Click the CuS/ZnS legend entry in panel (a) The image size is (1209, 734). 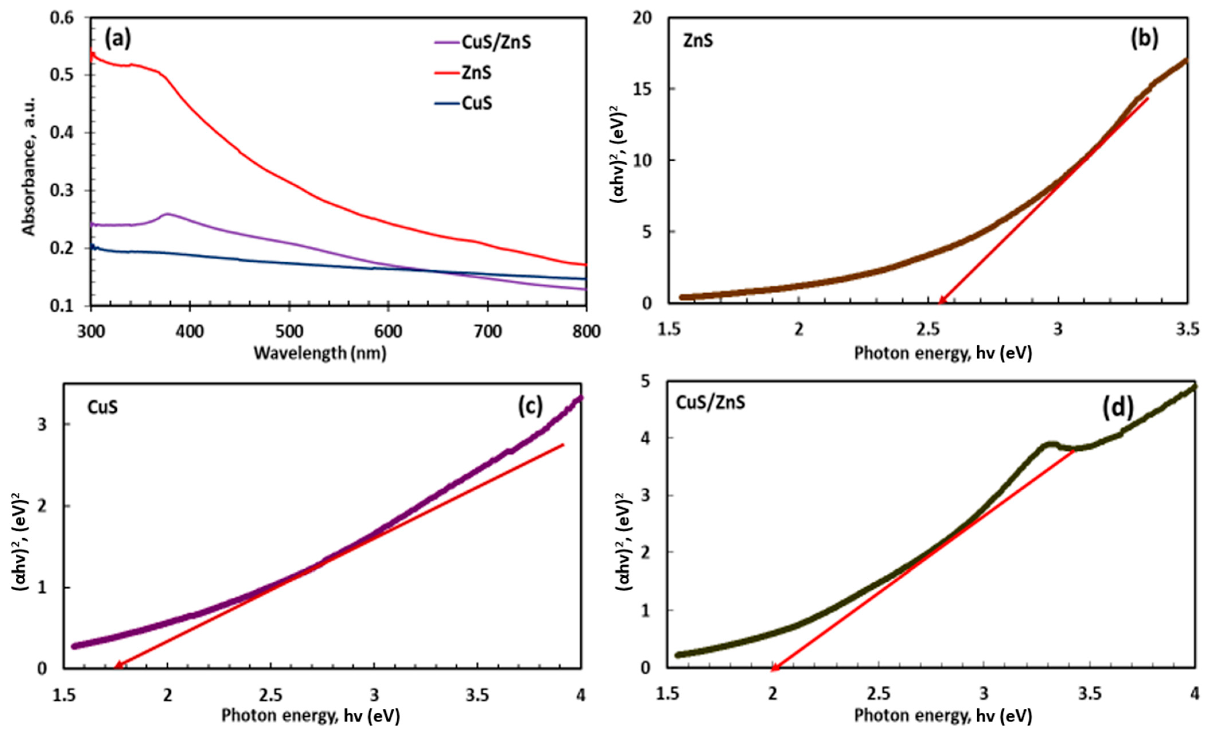tap(496, 43)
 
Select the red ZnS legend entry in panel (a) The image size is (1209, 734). tap(476, 73)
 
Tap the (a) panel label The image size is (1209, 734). tap(118, 39)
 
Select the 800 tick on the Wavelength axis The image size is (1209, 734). tap(586, 332)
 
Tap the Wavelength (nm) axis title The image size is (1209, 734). tap(320, 353)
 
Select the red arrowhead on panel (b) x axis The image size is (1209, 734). tap(941, 300)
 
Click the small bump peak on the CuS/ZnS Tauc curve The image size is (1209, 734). tap(1049, 444)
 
